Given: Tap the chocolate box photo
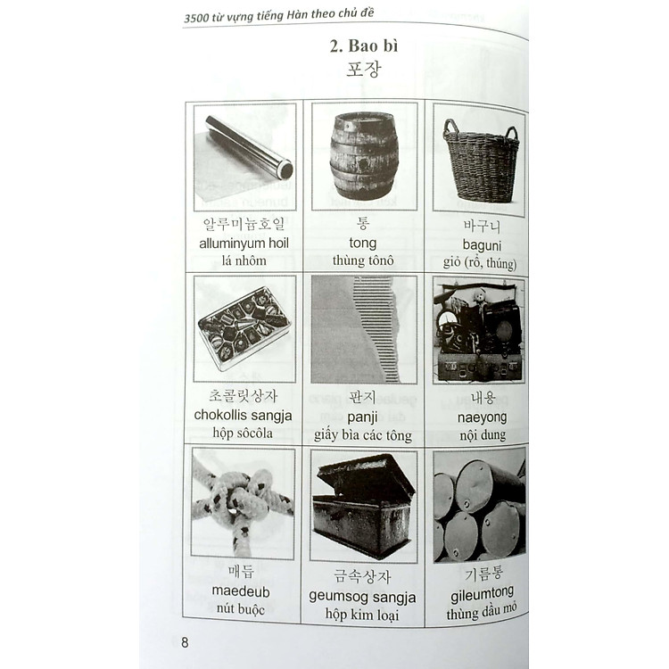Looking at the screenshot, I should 244,326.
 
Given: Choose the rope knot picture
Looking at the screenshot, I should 243,502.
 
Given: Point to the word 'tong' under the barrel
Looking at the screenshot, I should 362,244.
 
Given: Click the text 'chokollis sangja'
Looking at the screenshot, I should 243,416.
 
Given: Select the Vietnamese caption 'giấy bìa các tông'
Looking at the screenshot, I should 362,435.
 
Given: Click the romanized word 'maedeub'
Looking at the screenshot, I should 241,591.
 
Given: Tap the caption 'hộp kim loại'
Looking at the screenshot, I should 362,615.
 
